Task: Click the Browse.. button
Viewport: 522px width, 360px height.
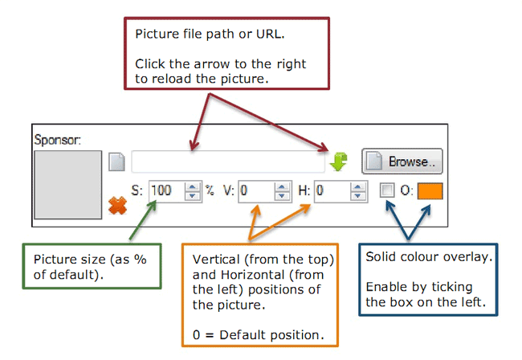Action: pos(402,161)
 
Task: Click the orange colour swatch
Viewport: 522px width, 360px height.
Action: pos(430,192)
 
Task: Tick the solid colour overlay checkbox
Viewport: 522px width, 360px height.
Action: pos(387,191)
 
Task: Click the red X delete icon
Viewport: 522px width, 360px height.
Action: pos(118,207)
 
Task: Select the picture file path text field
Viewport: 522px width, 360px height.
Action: pos(228,162)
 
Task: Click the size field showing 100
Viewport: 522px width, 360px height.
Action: pos(165,191)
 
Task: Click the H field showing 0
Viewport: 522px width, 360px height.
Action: pos(331,191)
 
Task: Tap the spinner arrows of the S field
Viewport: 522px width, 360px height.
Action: pos(192,191)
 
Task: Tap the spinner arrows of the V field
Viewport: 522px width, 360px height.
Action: pos(282,191)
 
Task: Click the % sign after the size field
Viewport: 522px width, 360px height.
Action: pos(210,191)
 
